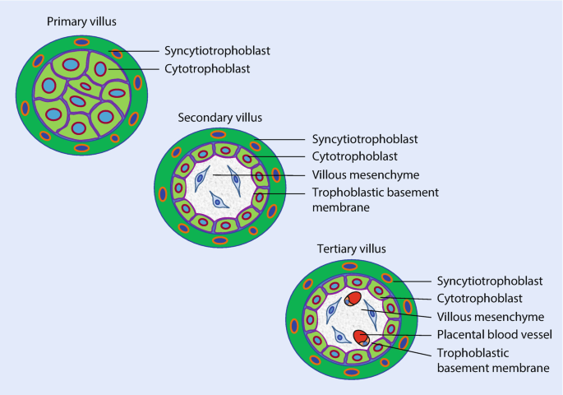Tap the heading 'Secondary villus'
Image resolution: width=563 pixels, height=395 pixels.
click(216, 118)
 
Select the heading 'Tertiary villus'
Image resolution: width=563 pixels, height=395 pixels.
click(351, 248)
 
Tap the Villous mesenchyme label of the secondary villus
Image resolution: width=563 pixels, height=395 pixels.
click(366, 175)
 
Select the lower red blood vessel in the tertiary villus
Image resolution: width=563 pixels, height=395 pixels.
click(360, 335)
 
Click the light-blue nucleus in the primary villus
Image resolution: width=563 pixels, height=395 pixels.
click(50, 86)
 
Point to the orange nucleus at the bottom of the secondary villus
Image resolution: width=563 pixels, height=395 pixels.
click(220, 240)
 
